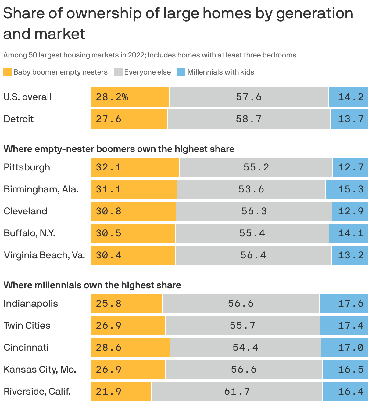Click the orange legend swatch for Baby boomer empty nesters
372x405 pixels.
click(x=7, y=72)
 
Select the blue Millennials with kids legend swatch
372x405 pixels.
click(x=181, y=72)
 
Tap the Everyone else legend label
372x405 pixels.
click(x=147, y=72)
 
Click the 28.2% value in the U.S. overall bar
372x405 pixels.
click(x=112, y=97)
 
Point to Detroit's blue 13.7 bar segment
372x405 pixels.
click(x=349, y=119)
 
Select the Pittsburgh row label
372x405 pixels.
click(x=27, y=167)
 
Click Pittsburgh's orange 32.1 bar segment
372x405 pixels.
click(x=135, y=167)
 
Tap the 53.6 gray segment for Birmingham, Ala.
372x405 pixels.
click(x=251, y=189)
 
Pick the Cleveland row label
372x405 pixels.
click(x=25, y=211)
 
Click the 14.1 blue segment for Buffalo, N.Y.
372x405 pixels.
click(x=349, y=233)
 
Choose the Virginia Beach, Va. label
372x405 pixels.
click(x=44, y=255)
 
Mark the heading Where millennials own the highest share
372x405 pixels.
click(x=92, y=285)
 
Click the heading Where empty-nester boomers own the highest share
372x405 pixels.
click(x=119, y=149)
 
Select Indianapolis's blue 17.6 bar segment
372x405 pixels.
click(x=344, y=304)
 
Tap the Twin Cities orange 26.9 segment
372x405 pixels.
click(x=128, y=326)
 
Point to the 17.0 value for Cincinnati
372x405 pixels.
click(x=351, y=348)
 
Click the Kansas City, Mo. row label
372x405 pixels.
click(x=40, y=370)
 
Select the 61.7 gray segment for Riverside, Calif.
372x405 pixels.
click(x=237, y=392)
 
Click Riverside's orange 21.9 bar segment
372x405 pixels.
click(x=121, y=392)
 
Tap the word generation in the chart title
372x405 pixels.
click(x=315, y=14)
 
